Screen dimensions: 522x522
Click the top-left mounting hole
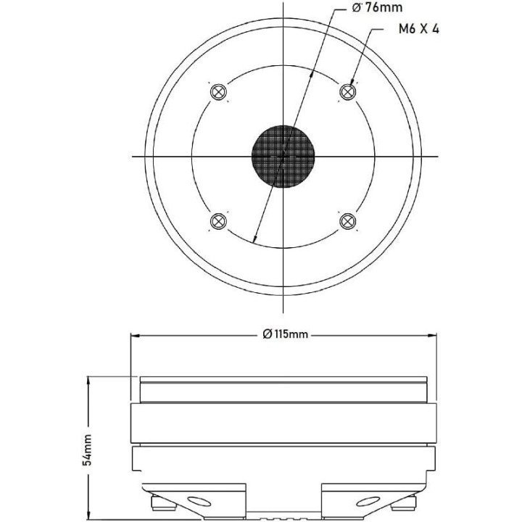[218, 92]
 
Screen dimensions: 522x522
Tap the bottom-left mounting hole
[218, 221]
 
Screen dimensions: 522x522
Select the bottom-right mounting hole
[348, 221]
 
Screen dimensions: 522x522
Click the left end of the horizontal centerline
[134, 157]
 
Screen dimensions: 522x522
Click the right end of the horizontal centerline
[433, 157]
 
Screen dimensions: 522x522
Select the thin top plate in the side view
[283, 380]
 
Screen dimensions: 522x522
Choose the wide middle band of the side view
[283, 424]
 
